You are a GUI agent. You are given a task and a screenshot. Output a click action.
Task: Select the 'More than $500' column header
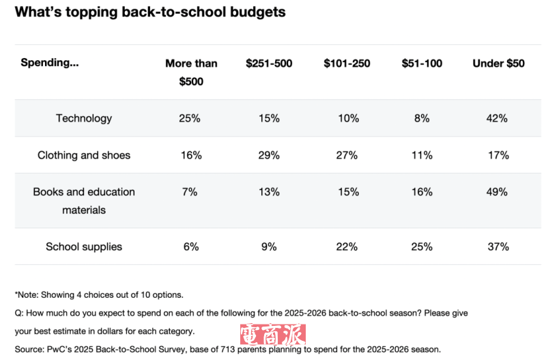point(191,72)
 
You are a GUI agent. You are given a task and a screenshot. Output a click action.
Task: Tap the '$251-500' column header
point(269,64)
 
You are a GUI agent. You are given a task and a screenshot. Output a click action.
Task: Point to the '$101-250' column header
point(347,64)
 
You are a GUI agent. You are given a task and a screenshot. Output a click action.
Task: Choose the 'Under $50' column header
point(498,64)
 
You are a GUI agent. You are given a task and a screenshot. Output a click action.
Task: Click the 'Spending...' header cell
point(49,63)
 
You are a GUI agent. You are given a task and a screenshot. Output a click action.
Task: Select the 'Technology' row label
point(84,118)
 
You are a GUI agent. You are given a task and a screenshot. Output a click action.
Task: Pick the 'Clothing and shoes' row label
point(84,155)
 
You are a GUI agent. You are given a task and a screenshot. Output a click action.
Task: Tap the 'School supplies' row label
point(84,247)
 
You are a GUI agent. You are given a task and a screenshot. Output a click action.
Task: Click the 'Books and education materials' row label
point(84,201)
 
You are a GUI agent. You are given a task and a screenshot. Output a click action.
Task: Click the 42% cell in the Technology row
point(498,118)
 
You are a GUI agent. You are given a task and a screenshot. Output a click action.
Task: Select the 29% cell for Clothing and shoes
point(269,155)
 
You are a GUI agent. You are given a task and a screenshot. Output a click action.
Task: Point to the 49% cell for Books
point(498,192)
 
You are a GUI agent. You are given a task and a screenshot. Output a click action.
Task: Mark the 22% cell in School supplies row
point(347,247)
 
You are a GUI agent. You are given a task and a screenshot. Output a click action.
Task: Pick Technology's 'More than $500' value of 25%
point(190,118)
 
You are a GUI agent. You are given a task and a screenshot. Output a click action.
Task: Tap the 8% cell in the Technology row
point(422,118)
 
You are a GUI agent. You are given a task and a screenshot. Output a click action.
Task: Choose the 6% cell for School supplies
point(191,247)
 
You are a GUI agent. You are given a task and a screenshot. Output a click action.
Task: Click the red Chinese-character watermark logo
point(272,335)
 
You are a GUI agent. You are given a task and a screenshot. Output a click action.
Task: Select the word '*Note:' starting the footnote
point(27,295)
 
